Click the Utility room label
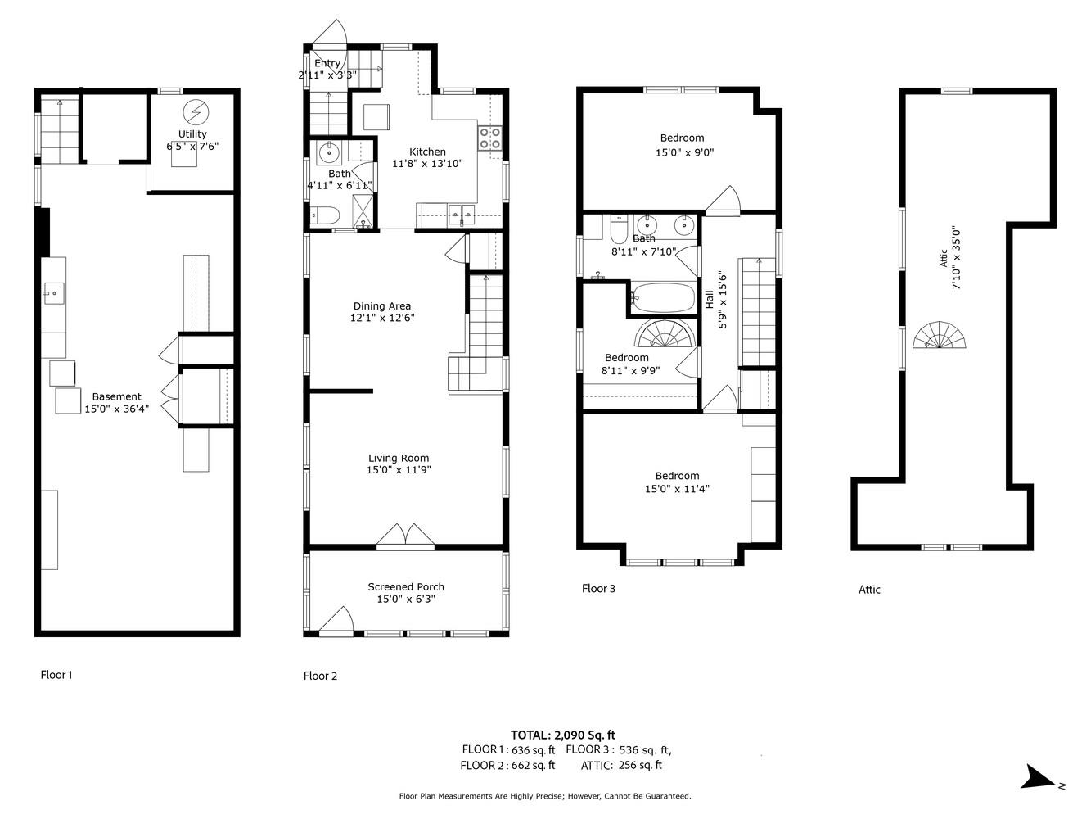pos(192,134)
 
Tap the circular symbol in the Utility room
pos(195,111)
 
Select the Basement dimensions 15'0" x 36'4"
pos(116,409)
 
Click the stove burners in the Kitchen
pos(489,138)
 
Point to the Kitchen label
pos(427,152)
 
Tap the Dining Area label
pos(382,306)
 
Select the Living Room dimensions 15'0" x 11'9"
pos(399,470)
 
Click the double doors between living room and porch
pos(405,534)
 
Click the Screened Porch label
pos(405,586)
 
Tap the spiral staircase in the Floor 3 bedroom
pos(664,335)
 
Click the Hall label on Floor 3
pos(709,300)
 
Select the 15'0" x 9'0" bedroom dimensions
pos(684,152)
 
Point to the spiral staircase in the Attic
pos(940,336)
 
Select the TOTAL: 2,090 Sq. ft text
pos(562,735)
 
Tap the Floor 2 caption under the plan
pos(320,676)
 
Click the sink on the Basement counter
pos(54,292)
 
